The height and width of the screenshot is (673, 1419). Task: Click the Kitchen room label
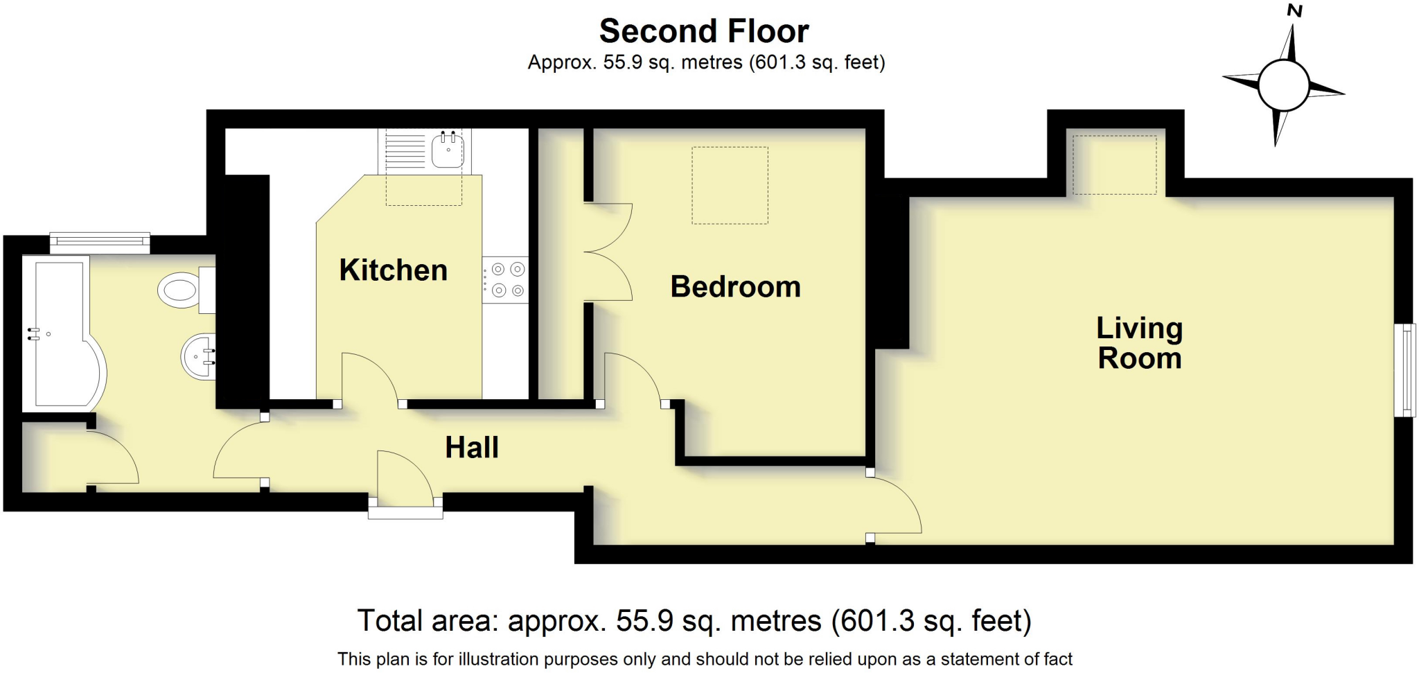pyautogui.click(x=393, y=270)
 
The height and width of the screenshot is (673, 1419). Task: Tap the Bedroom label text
pyautogui.click(x=735, y=287)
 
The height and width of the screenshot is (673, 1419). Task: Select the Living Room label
pyautogui.click(x=1139, y=343)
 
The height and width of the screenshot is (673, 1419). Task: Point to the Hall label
pyautogui.click(x=471, y=448)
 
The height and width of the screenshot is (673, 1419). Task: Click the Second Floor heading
pyautogui.click(x=704, y=31)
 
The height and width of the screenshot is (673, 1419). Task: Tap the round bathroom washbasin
pyautogui.click(x=198, y=357)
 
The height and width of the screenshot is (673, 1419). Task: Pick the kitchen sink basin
pyautogui.click(x=448, y=149)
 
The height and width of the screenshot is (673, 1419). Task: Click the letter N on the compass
pyautogui.click(x=1294, y=11)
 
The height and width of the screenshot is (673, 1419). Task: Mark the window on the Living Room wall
pyautogui.click(x=1404, y=370)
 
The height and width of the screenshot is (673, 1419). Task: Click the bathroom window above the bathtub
pyautogui.click(x=100, y=241)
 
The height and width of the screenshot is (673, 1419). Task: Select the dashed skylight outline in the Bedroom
pyautogui.click(x=730, y=185)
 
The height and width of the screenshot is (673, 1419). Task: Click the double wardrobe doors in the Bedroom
pyautogui.click(x=608, y=252)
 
